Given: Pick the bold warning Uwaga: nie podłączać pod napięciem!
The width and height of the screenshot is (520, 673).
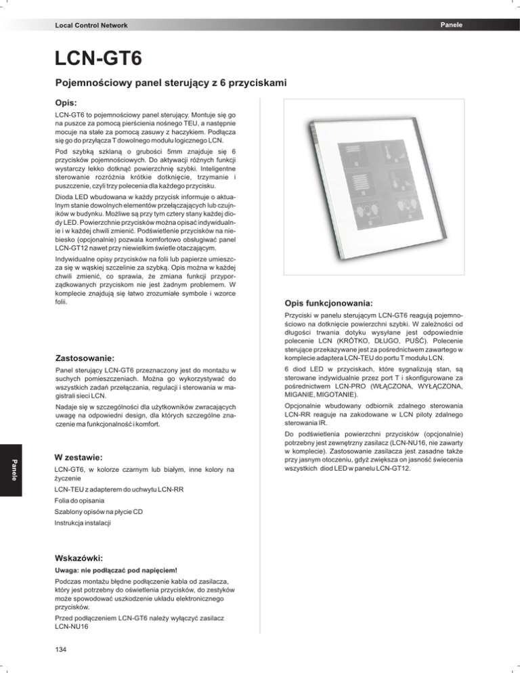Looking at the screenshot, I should tap(112, 570).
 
